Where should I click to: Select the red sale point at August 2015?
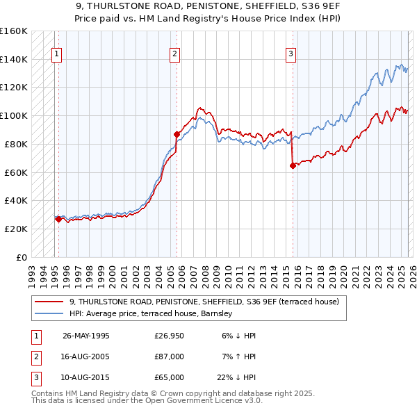293,165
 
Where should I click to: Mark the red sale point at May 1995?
58,219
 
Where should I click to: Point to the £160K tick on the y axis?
13,31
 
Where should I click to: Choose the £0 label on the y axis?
21,257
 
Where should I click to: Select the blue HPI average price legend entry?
154,313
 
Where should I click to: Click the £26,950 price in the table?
169,335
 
